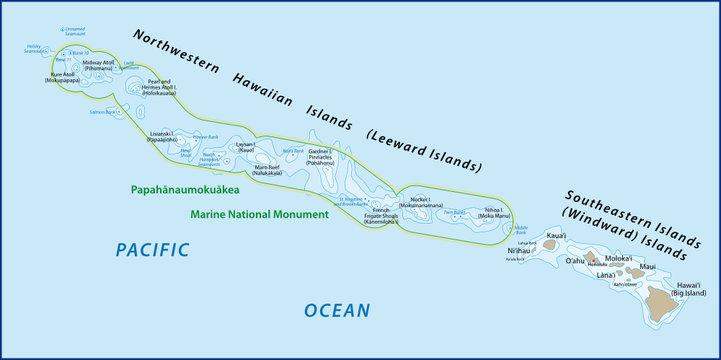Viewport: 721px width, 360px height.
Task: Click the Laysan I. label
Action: [246, 147]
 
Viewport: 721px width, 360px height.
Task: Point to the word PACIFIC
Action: [152, 250]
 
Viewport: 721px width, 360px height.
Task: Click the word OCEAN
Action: [337, 311]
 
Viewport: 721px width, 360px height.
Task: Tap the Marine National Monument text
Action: [259, 214]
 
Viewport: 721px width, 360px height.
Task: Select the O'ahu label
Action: [575, 261]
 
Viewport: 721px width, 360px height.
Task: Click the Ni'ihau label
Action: [523, 250]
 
